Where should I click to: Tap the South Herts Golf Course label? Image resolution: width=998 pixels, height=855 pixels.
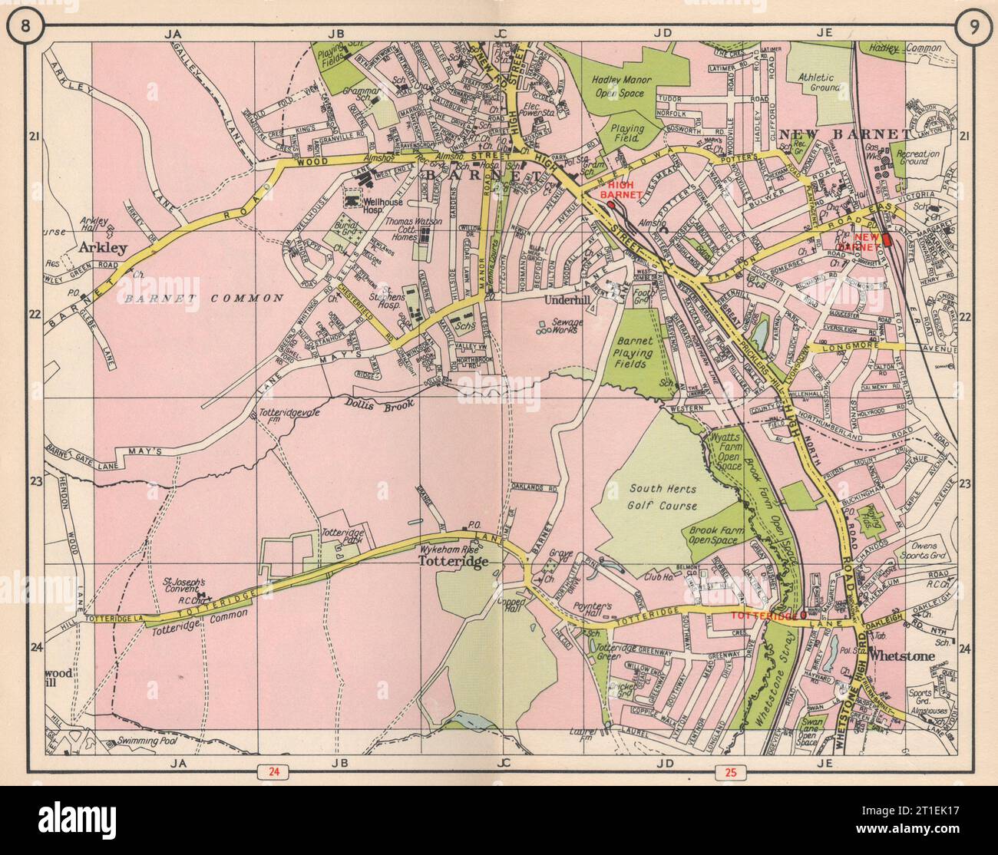click(x=663, y=497)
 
